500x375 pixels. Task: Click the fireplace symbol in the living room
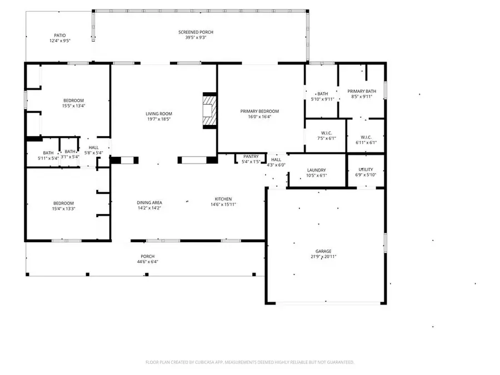pyautogui.click(x=209, y=111)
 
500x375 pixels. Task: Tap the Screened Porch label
pyautogui.click(x=196, y=32)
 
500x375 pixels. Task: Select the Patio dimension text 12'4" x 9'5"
pyautogui.click(x=60, y=41)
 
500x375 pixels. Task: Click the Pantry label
pyautogui.click(x=251, y=157)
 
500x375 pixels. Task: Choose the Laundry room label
pyautogui.click(x=316, y=170)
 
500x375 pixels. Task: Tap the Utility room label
pyautogui.click(x=366, y=169)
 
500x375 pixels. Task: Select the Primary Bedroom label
pyautogui.click(x=259, y=111)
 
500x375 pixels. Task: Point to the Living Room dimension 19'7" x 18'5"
pyautogui.click(x=158, y=119)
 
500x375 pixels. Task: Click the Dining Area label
pyautogui.click(x=149, y=203)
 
